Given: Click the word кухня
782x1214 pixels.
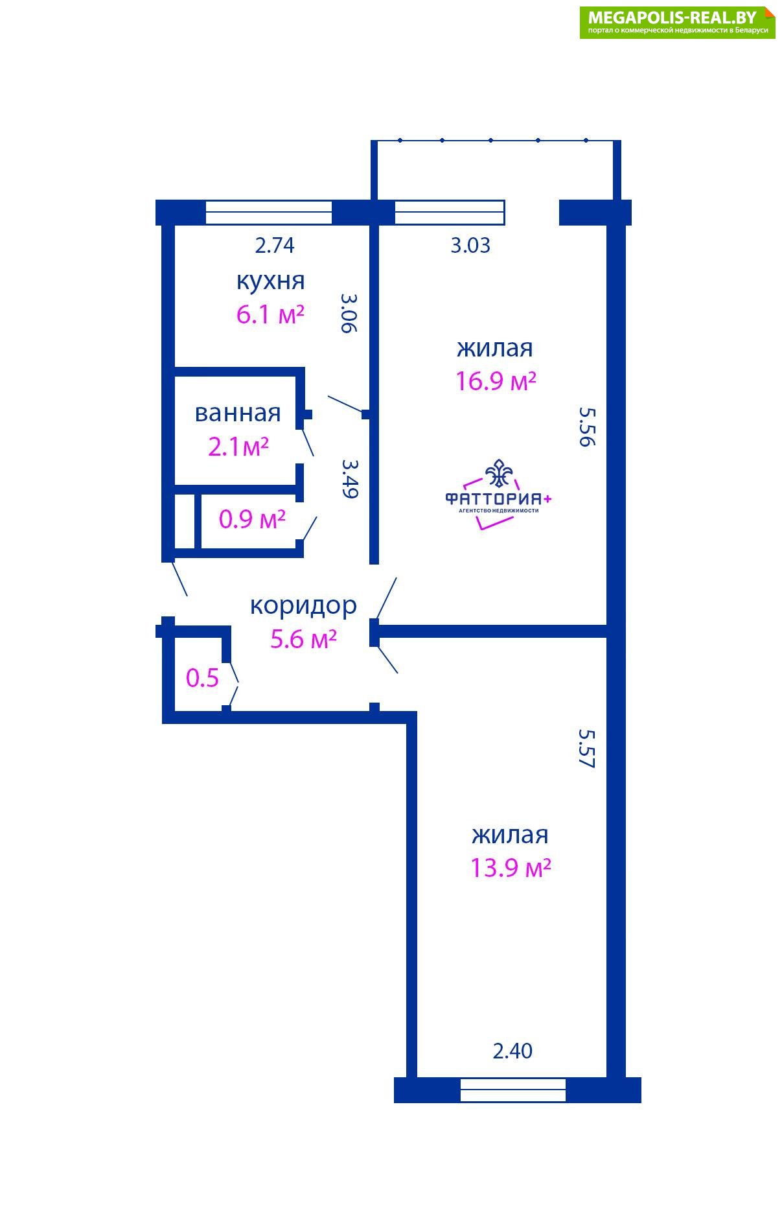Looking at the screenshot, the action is point(270,281).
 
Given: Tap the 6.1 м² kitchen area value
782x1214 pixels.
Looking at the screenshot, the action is point(270,315).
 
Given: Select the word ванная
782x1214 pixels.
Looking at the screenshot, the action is point(238,413).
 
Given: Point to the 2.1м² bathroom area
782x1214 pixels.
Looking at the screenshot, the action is point(238,447).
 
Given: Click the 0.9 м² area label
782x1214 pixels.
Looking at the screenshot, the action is point(252,519).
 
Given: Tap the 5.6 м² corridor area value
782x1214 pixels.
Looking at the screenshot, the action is point(303,639).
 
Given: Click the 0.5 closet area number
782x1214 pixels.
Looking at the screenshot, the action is point(202,678).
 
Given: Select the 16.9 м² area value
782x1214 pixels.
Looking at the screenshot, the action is point(496,380).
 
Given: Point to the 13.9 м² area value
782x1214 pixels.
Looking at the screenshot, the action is point(511,867).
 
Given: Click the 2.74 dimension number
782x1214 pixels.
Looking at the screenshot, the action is point(275,246).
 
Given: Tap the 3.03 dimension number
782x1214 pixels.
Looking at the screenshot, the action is point(470,246).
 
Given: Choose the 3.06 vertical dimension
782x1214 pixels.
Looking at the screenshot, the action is point(349,313).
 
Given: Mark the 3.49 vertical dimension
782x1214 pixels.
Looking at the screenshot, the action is point(349,479).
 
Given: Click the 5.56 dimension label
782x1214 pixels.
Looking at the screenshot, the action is point(586,427).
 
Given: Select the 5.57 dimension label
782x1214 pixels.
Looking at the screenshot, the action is point(586,749).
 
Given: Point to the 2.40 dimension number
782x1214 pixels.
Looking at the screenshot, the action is point(512,1051).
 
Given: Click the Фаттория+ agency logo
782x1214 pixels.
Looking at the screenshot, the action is point(498,494).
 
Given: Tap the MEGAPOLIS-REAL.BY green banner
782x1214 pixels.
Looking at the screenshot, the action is point(677,23).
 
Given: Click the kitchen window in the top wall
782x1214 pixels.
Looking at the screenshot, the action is point(269,213).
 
